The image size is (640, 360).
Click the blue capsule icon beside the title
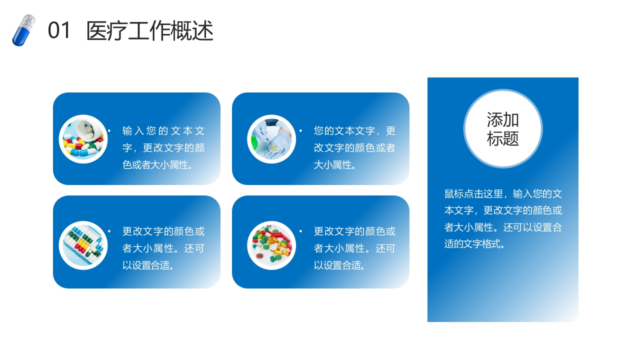23,30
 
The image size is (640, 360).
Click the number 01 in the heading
59,31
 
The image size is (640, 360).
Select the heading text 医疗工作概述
150,31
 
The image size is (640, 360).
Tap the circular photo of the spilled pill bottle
83,139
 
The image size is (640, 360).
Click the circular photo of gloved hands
271,139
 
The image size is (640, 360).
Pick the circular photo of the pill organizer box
83,245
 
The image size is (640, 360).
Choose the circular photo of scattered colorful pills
271,245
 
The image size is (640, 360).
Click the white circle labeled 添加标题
503,129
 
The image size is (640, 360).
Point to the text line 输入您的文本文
163,131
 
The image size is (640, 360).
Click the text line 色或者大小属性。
158,165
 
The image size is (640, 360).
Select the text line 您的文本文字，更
354,131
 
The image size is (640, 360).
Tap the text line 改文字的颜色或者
354,148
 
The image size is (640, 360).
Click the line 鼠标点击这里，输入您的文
503,194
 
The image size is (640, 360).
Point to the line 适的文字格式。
474,244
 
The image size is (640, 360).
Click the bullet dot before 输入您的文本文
109,131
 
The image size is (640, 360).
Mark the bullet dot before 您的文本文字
300,131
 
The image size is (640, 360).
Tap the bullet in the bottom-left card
109,231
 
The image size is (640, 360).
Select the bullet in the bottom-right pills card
300,231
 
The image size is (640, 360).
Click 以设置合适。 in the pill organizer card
148,265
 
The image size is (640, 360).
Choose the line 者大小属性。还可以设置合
503,227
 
